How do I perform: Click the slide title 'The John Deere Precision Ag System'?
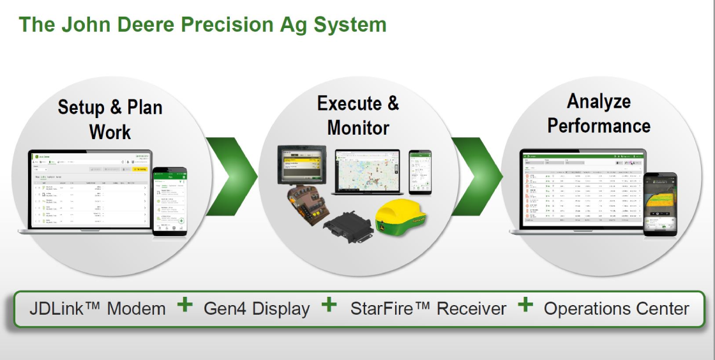(x=202, y=24)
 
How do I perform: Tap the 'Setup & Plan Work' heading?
(x=110, y=119)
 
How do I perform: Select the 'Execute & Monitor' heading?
(x=357, y=115)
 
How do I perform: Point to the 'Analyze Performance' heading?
(x=599, y=113)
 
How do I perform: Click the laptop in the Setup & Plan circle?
(x=89, y=191)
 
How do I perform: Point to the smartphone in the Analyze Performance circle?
(x=659, y=204)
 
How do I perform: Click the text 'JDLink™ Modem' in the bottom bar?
(x=97, y=309)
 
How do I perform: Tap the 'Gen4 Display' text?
(x=257, y=309)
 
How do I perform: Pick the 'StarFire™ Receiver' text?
(x=428, y=309)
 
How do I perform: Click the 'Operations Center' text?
(x=616, y=309)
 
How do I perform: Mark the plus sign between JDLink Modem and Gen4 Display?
(x=184, y=305)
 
